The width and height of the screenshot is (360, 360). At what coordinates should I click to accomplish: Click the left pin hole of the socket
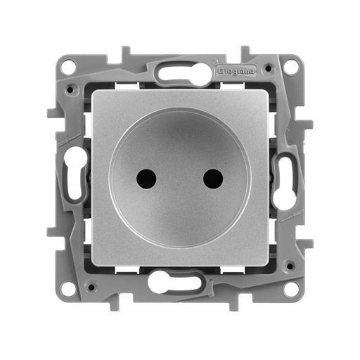(x=147, y=179)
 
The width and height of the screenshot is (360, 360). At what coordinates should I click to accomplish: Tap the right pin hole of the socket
(x=213, y=179)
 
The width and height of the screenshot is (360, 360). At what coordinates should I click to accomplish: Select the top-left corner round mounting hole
(x=69, y=67)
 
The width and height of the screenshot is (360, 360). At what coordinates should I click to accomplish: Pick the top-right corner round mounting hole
(x=291, y=67)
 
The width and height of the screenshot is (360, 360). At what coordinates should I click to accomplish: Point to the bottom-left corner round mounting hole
(x=69, y=288)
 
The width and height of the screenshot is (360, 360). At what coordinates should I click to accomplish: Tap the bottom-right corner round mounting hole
(x=291, y=288)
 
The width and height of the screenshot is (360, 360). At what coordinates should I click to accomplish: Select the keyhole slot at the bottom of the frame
(x=180, y=285)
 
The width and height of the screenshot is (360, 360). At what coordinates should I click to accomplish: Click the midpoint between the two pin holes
(x=180, y=179)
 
